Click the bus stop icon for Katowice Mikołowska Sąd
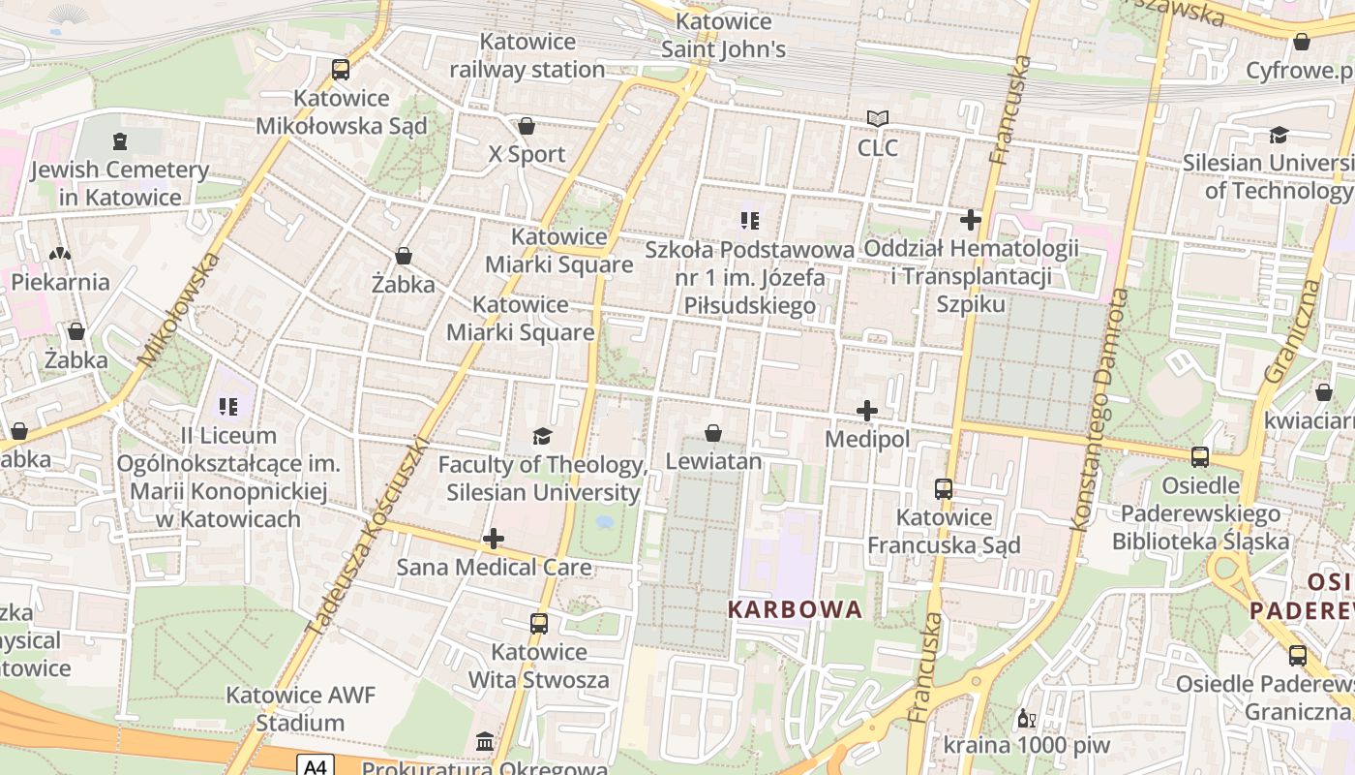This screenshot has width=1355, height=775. coord(341,69)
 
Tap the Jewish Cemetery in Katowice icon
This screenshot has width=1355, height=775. coord(119,141)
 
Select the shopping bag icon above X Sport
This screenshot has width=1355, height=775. coord(527,126)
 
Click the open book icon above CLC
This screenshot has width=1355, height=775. coord(878,119)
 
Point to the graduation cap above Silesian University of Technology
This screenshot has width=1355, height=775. coord(1279,135)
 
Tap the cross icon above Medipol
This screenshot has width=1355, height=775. coord(867,411)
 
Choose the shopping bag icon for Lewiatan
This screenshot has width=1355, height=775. coord(713,433)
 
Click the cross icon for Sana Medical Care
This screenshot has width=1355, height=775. coord(494,539)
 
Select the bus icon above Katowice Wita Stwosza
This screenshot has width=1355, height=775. coord(539,624)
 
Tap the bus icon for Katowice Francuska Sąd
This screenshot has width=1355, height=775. coord(944,489)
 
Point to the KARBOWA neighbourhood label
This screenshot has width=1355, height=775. coord(795,609)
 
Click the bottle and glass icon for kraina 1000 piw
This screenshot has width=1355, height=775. coord(1026,719)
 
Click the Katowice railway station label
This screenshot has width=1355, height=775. coord(527,56)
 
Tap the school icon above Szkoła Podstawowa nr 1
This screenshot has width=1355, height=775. coord(749,221)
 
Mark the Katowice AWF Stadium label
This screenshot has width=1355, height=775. coord(300,709)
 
